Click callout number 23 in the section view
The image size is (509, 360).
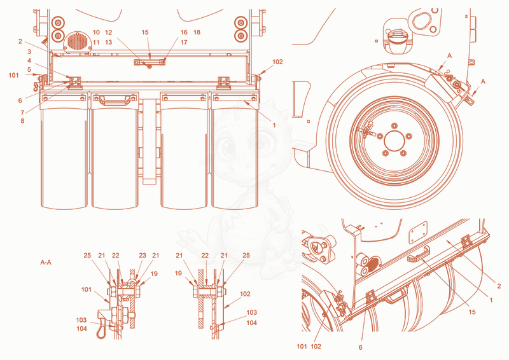pos(143,256)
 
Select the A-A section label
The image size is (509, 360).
pos(46,262)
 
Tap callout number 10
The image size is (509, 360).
pos(96,32)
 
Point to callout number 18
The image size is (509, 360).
pos(197,32)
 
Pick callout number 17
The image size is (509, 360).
pos(184,42)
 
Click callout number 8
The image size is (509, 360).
pos(22,121)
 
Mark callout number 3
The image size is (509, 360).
pos(29,52)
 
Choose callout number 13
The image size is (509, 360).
pos(109,42)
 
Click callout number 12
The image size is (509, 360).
pos(109,32)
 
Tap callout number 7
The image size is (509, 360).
pos(22,113)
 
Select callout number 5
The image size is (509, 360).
pos(29,69)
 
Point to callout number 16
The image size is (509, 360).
pos(184,32)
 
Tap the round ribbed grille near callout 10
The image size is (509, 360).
pos(78,41)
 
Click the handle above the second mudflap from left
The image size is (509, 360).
pos(115,100)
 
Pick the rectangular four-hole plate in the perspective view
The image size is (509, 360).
pos(418,233)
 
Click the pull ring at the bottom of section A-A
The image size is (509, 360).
pos(102,331)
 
